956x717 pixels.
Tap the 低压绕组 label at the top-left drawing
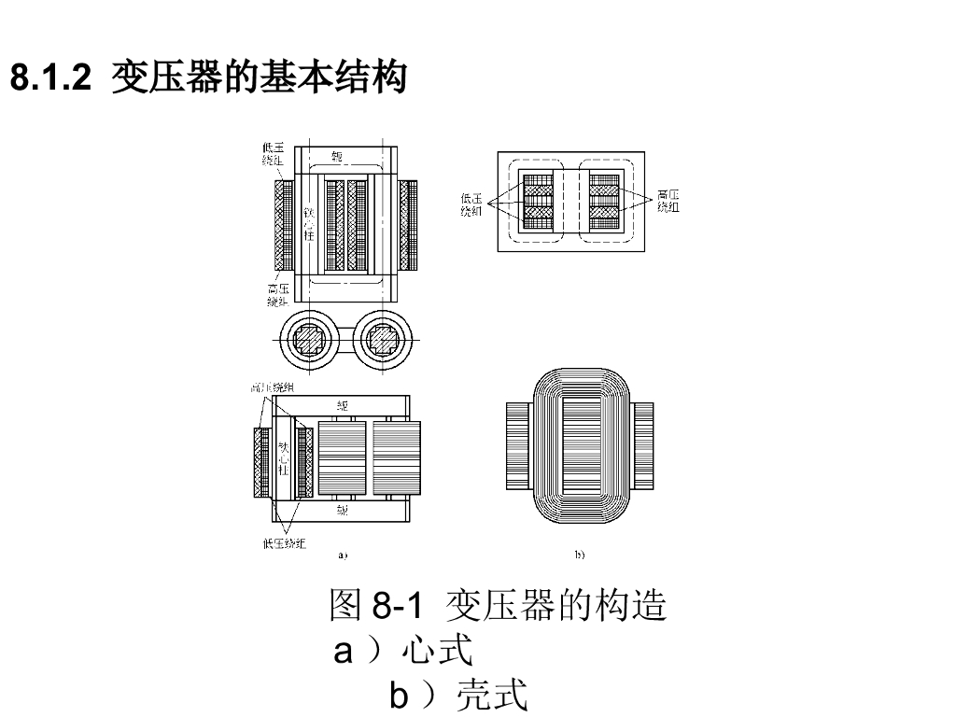coord(274,154)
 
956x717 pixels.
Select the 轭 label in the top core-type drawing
coord(338,156)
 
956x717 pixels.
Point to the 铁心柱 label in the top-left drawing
coord(308,223)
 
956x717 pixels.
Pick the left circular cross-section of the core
coord(309,340)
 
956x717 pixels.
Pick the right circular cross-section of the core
coord(383,340)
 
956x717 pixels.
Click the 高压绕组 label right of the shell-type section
coord(668,201)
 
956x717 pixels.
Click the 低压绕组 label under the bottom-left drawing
coord(284,543)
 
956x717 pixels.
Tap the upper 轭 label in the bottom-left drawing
coord(343,406)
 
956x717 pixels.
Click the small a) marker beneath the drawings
coord(343,555)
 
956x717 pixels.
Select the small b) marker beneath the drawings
coord(579,555)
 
